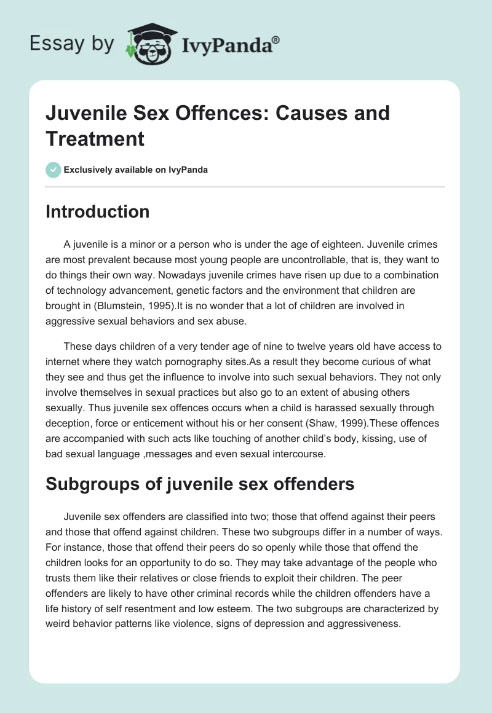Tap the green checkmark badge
(53, 170)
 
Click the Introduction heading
(98, 211)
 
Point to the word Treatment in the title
(95, 138)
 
